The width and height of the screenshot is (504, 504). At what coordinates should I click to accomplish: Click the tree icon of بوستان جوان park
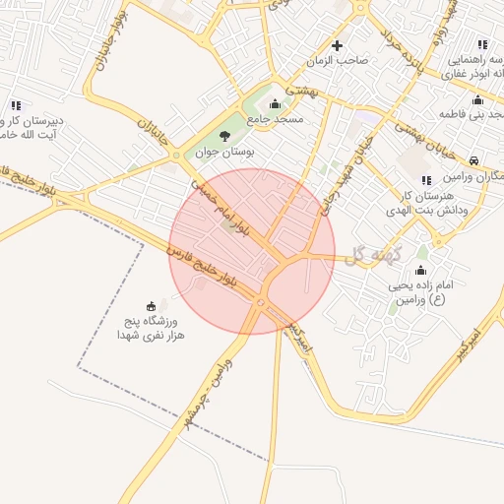point(225,137)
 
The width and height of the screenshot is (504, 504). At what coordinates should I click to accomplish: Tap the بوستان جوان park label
point(224,154)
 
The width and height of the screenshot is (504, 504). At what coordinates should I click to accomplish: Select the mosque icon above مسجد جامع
point(275,104)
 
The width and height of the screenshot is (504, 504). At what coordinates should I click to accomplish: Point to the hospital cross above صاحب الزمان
point(338,45)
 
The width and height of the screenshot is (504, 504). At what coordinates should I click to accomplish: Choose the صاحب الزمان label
point(338,61)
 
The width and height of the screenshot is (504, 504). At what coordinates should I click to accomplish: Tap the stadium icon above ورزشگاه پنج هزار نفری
point(151,305)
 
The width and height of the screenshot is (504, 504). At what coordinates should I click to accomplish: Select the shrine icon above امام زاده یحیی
point(421,271)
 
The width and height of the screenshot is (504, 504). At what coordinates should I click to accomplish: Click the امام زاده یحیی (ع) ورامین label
point(419,292)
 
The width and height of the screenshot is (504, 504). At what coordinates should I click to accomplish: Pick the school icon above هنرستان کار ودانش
point(425,180)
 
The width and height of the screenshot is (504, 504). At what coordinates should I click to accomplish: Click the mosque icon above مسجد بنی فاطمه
point(477,99)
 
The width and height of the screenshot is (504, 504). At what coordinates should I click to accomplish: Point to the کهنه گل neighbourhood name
point(370,254)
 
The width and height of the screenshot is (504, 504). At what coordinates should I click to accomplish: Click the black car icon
point(474,160)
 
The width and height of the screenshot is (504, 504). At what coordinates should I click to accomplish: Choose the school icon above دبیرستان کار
point(16,105)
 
